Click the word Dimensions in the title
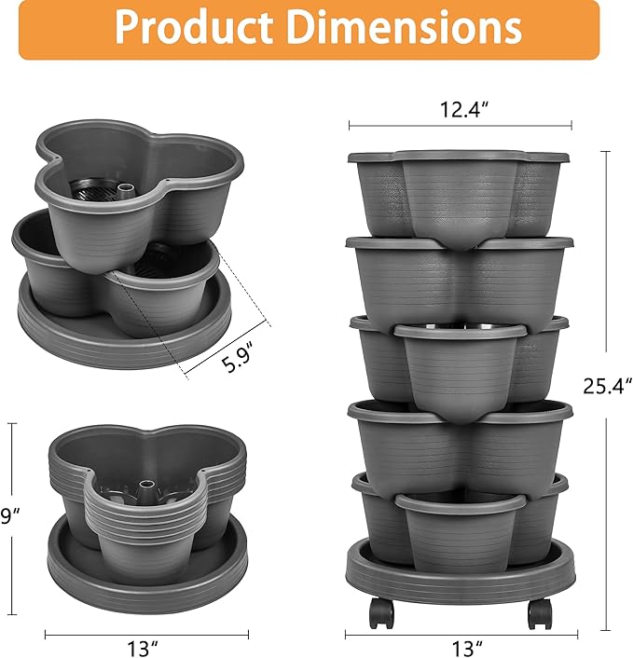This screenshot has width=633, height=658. click(402, 29)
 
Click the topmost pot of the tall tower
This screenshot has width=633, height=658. click(459, 192)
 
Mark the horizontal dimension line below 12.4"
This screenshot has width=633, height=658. click(460, 124)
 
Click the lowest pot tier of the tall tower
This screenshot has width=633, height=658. click(459, 522)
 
